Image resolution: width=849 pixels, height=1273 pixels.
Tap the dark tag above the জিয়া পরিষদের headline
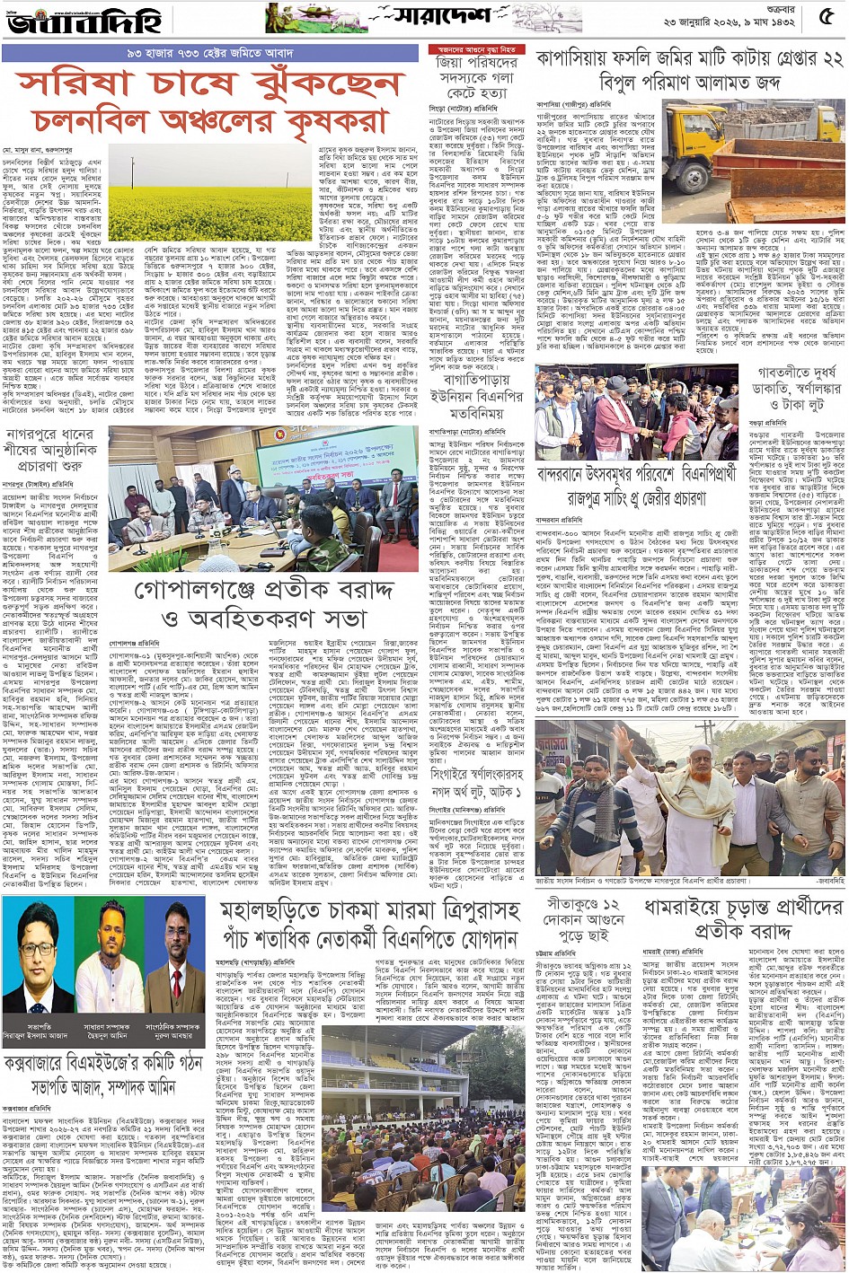pyautogui.click(x=477, y=49)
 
